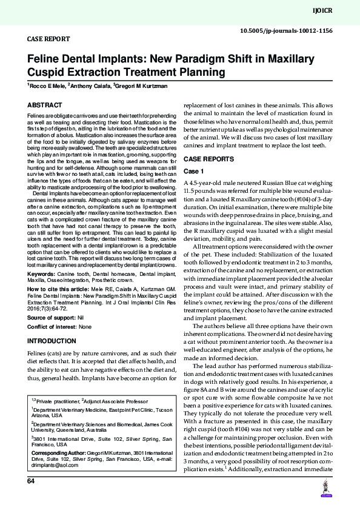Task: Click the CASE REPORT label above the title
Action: point(48,38)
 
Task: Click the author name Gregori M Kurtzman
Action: point(141,86)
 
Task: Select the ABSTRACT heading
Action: point(45,105)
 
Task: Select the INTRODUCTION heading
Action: point(52,341)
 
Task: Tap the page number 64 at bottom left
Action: point(30,481)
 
